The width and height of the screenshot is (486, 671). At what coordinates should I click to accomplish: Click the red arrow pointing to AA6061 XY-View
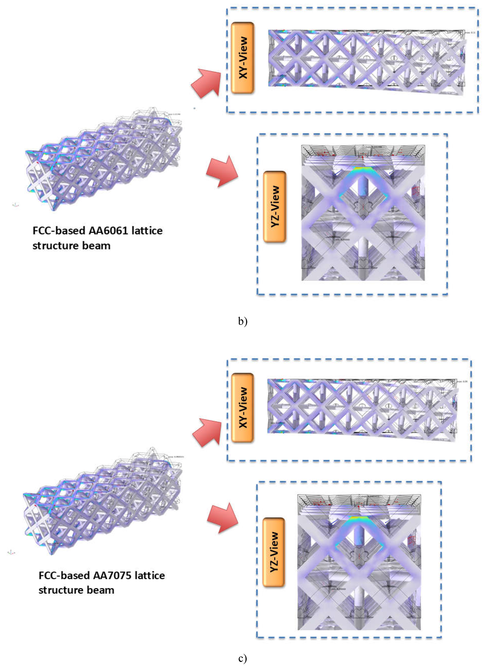coord(207,83)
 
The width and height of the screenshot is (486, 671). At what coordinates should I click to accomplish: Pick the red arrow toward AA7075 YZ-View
coord(223,518)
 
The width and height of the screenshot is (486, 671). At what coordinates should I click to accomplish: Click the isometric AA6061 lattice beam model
coord(104,160)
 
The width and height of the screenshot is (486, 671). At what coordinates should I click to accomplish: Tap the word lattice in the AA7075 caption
coord(150,575)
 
